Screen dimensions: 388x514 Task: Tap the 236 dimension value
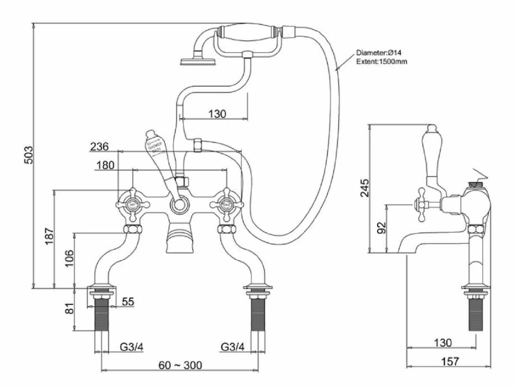(x=99, y=146)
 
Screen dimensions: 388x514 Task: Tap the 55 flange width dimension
(x=127, y=302)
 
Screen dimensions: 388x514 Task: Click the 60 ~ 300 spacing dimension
(x=180, y=365)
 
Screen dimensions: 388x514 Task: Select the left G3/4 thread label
(x=131, y=346)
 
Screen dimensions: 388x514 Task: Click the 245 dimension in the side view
(x=364, y=187)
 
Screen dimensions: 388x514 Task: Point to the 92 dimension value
(x=381, y=228)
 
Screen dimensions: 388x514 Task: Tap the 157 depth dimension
(x=449, y=361)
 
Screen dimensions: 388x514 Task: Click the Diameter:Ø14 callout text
(x=379, y=53)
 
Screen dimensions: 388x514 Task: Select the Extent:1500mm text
(x=382, y=62)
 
